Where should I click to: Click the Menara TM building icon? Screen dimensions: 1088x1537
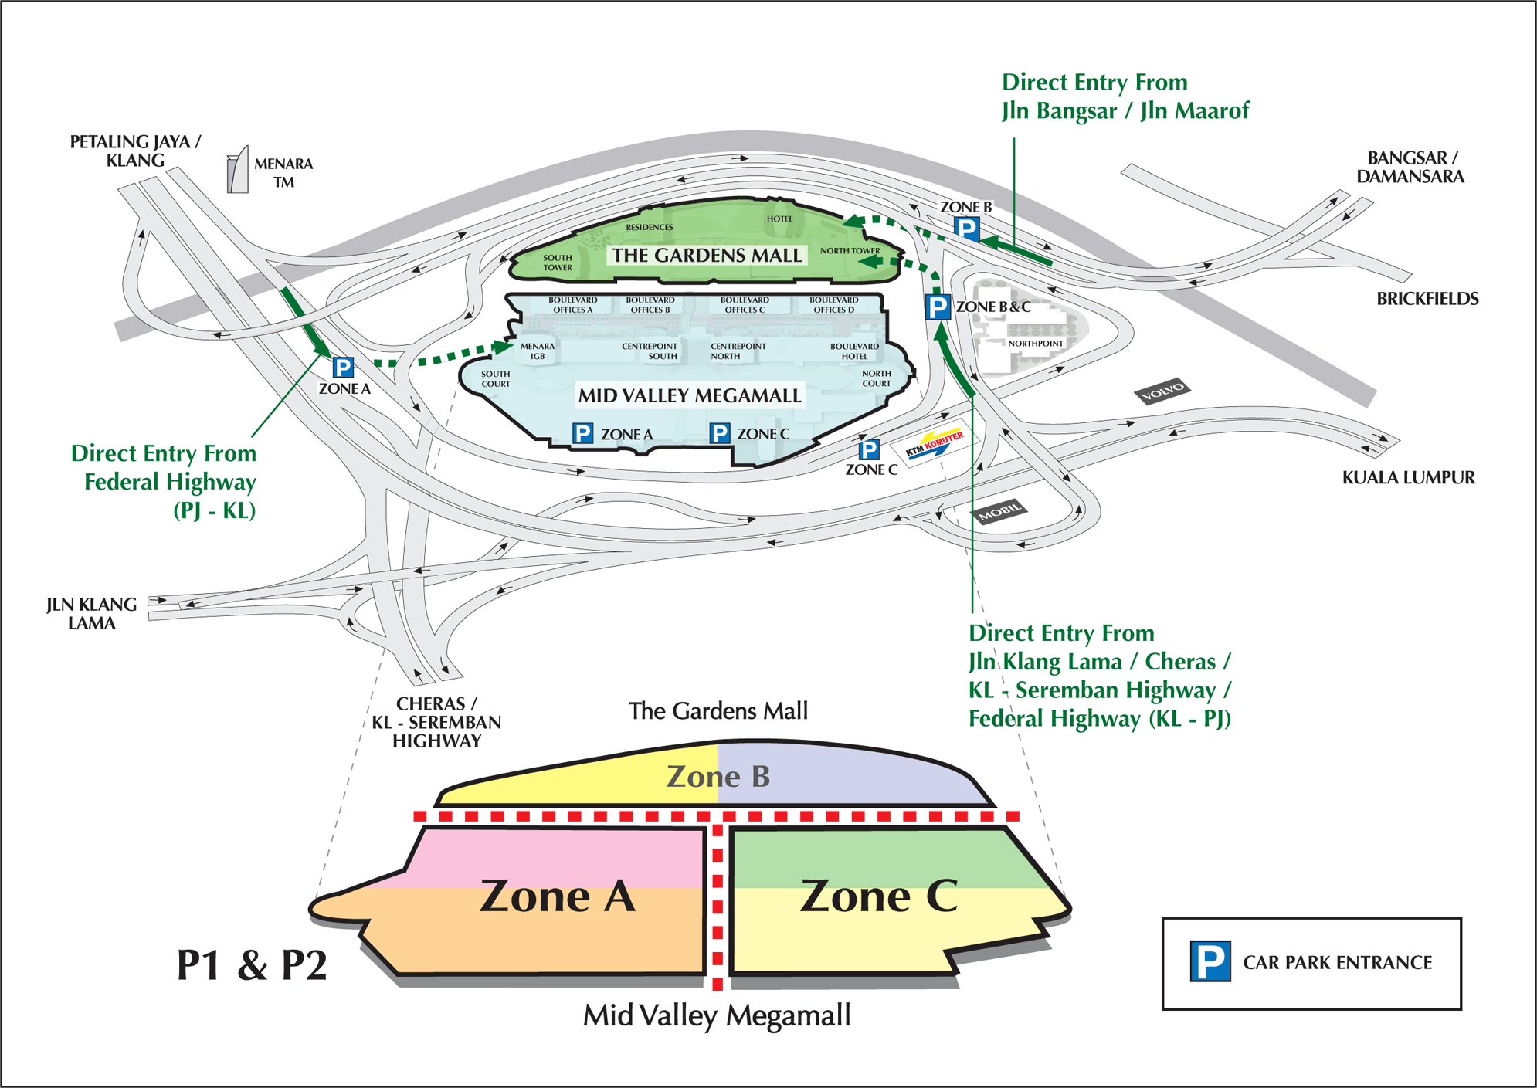pyautogui.click(x=238, y=170)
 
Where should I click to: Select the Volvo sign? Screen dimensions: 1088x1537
pyautogui.click(x=1162, y=392)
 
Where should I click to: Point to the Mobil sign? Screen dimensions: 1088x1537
pyautogui.click(x=999, y=511)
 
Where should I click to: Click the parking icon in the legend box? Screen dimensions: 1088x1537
pyautogui.click(x=1210, y=961)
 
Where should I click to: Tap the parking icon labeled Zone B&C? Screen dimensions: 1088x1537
pyautogui.click(x=938, y=307)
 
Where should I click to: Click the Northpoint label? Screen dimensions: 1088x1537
pyautogui.click(x=1036, y=343)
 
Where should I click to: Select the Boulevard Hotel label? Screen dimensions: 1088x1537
pyautogui.click(x=854, y=351)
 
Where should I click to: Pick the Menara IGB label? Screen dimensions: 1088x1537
pyautogui.click(x=538, y=351)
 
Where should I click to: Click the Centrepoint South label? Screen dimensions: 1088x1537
pyautogui.click(x=650, y=351)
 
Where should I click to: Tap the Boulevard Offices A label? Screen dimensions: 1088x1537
pyautogui.click(x=572, y=305)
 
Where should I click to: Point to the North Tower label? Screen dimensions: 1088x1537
pyautogui.click(x=850, y=250)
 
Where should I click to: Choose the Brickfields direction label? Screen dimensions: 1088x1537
pyautogui.click(x=1427, y=299)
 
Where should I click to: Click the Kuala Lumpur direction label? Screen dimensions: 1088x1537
pyautogui.click(x=1408, y=477)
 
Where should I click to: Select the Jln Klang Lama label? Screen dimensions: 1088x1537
pyautogui.click(x=91, y=614)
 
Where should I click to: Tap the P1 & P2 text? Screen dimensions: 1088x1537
pyautogui.click(x=252, y=965)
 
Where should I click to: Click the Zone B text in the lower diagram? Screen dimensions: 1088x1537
pyautogui.click(x=718, y=777)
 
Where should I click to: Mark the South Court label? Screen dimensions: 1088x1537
pyautogui.click(x=495, y=378)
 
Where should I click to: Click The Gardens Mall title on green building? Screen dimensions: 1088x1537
pyautogui.click(x=707, y=256)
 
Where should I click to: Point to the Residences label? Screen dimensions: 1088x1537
pyautogui.click(x=649, y=227)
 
